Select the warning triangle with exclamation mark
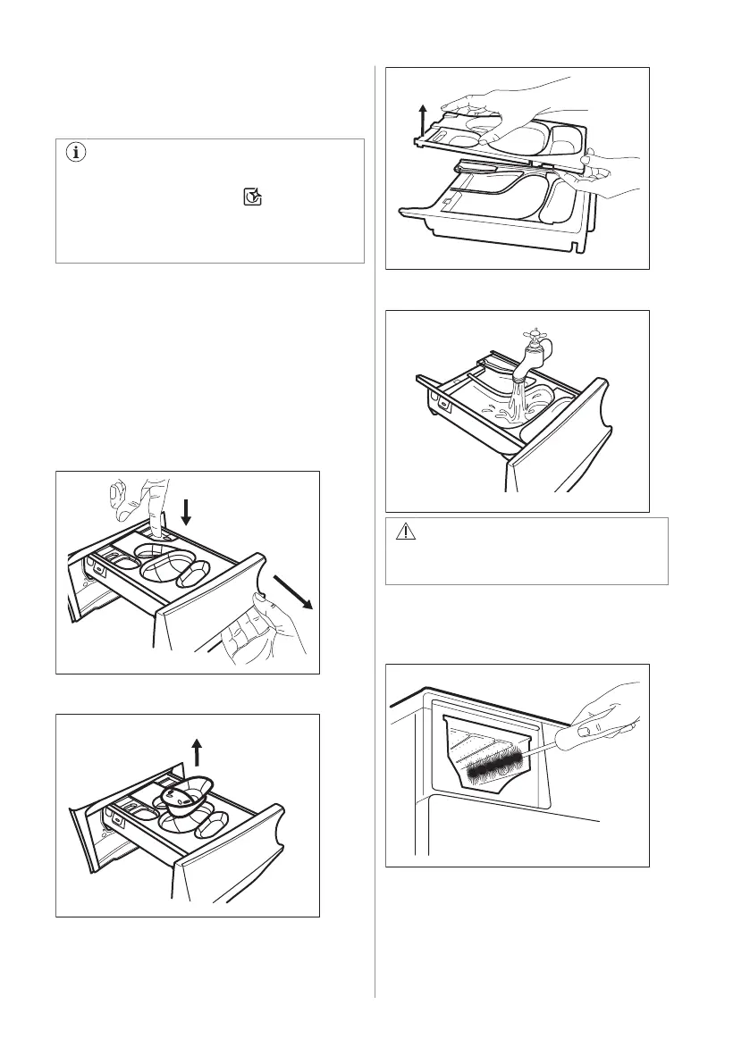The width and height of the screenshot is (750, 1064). [x=405, y=533]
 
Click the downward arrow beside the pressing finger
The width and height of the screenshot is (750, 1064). [x=186, y=512]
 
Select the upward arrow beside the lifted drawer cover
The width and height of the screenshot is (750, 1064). [x=423, y=115]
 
